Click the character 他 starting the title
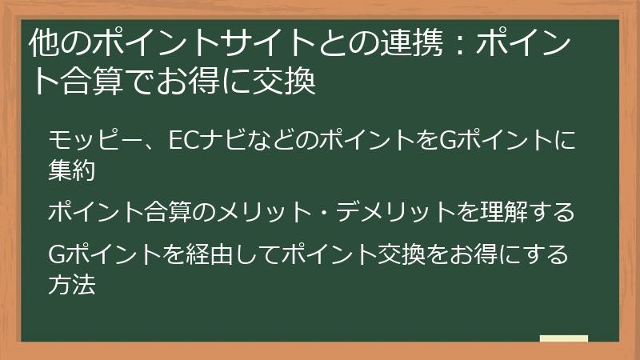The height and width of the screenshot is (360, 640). tap(42, 46)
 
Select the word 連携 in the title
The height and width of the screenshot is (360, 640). tap(407, 46)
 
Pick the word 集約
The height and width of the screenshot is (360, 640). tap(72, 170)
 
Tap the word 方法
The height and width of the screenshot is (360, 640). tap(72, 283)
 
